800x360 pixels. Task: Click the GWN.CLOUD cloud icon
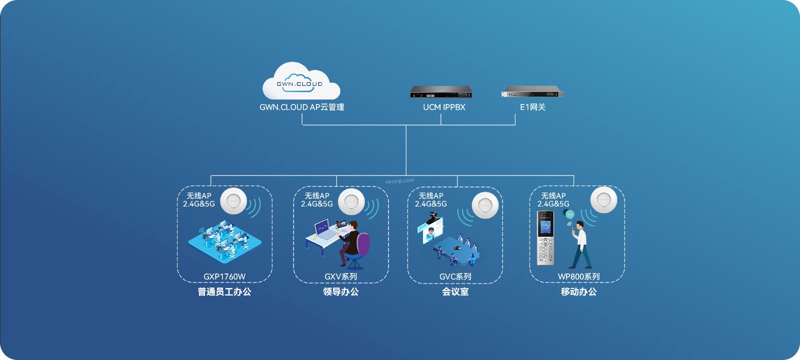(x=301, y=81)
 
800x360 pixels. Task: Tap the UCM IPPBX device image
(x=441, y=92)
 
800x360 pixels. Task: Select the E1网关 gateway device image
(x=532, y=92)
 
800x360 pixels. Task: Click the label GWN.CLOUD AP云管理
(x=301, y=107)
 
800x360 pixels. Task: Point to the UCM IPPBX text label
(x=444, y=107)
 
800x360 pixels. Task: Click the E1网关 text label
(x=532, y=107)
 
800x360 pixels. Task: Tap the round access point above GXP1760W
(x=233, y=201)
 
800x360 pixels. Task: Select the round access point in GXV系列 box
(x=351, y=201)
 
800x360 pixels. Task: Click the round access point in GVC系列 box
(x=485, y=205)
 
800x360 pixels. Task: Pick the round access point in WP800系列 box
(x=603, y=200)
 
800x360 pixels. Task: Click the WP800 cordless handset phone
(x=545, y=238)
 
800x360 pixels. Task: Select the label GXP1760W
(x=224, y=276)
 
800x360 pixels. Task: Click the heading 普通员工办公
(x=224, y=292)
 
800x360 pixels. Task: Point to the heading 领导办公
(x=341, y=292)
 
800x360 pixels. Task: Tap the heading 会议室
(x=455, y=292)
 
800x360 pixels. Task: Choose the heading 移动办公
(x=578, y=292)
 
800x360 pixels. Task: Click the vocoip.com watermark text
(x=399, y=181)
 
